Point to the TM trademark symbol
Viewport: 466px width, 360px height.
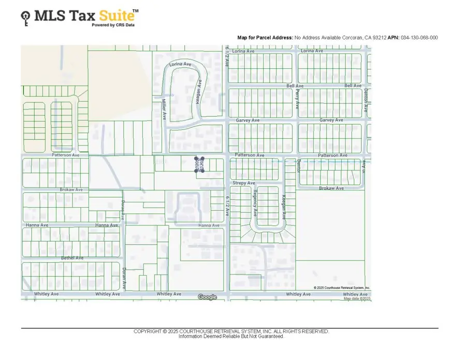(136, 10)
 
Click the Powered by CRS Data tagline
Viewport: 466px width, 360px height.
(113, 24)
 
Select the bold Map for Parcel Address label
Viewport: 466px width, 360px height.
(265, 38)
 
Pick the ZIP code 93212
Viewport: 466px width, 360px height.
(380, 38)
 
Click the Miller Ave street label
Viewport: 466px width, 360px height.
(163, 109)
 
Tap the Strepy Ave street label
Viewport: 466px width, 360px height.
(243, 183)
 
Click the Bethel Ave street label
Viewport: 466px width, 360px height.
(72, 257)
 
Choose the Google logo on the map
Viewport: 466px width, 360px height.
(207, 297)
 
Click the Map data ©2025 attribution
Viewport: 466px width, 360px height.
(357, 299)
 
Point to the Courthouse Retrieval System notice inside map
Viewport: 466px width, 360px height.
(342, 287)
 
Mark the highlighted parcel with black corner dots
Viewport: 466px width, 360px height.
(200, 165)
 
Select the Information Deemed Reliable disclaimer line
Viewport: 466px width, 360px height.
(231, 337)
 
